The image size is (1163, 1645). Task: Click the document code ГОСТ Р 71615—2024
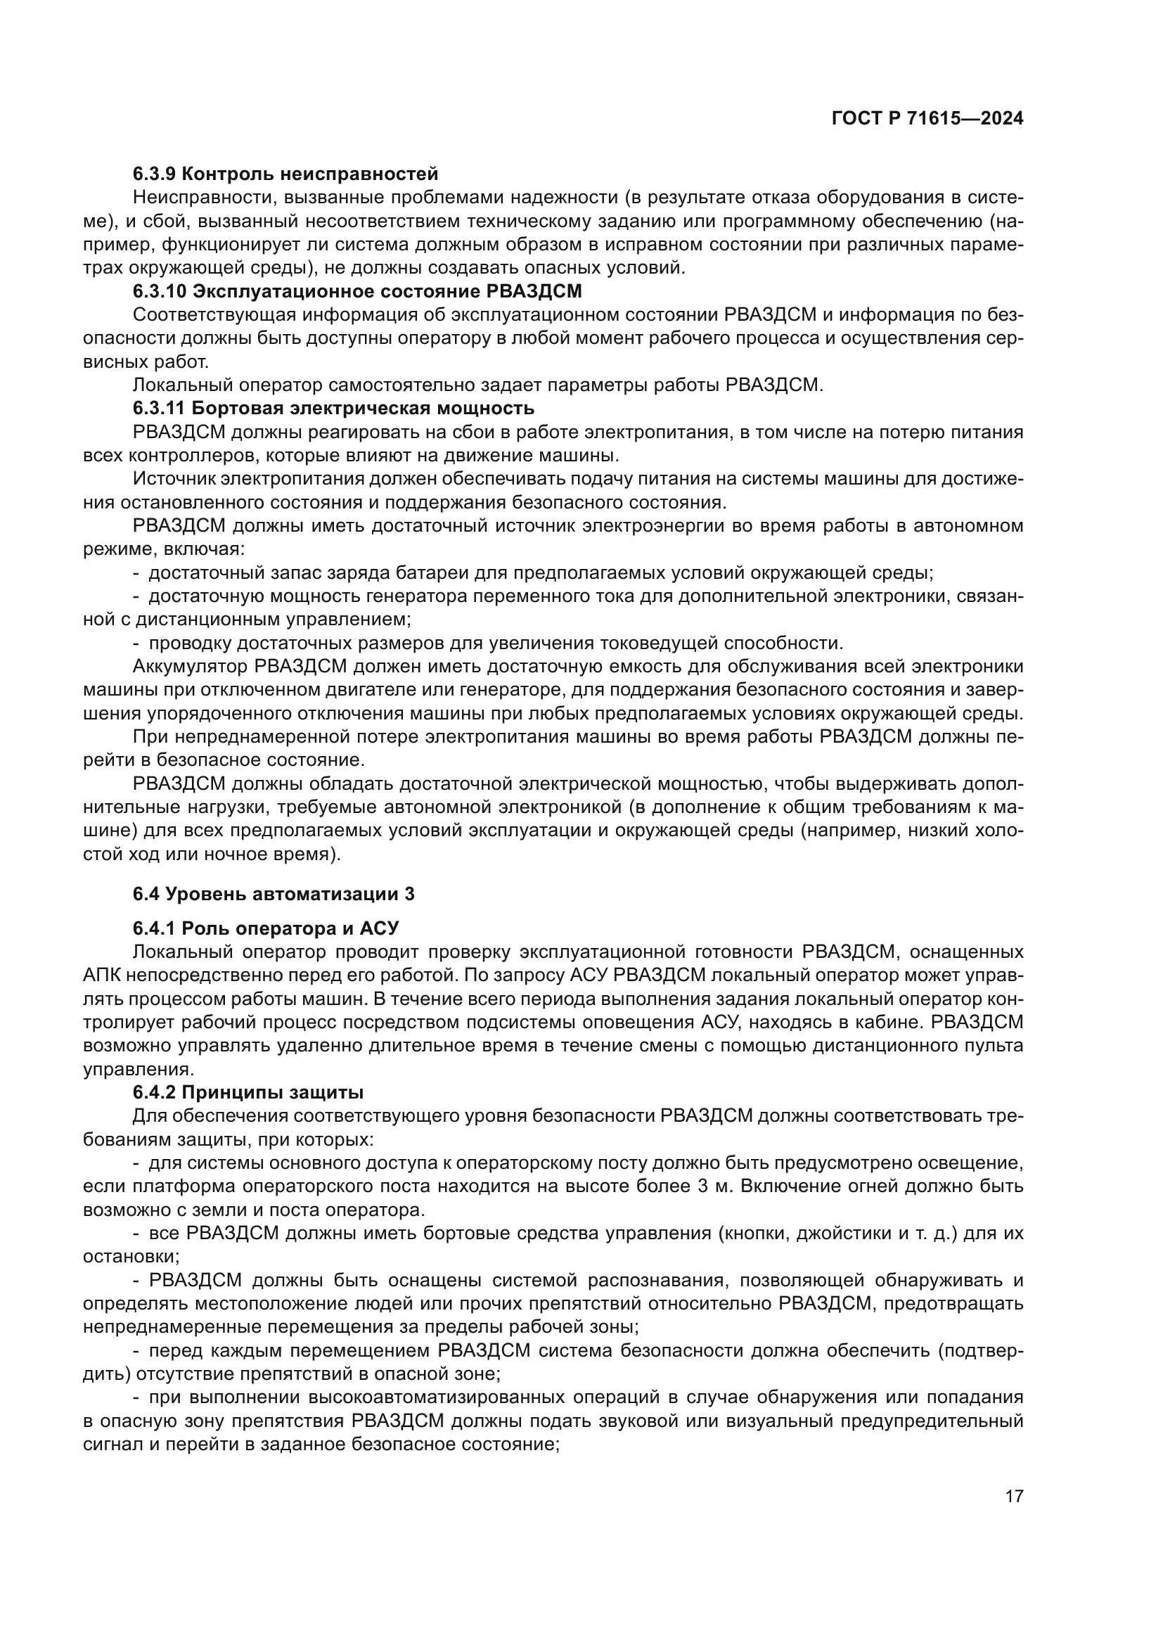pyautogui.click(x=927, y=119)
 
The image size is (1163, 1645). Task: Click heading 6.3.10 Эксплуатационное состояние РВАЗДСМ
pyautogui.click(x=356, y=291)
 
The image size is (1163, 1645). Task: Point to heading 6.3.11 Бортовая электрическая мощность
pyautogui.click(x=333, y=409)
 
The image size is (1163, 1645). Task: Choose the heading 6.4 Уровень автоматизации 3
pyautogui.click(x=273, y=893)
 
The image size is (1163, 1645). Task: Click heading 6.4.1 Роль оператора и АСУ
pyautogui.click(x=265, y=928)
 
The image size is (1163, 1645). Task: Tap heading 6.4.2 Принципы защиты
pyautogui.click(x=248, y=1093)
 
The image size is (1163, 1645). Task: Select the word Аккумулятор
pyautogui.click(x=190, y=666)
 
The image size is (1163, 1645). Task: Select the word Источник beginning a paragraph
pyautogui.click(x=174, y=479)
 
